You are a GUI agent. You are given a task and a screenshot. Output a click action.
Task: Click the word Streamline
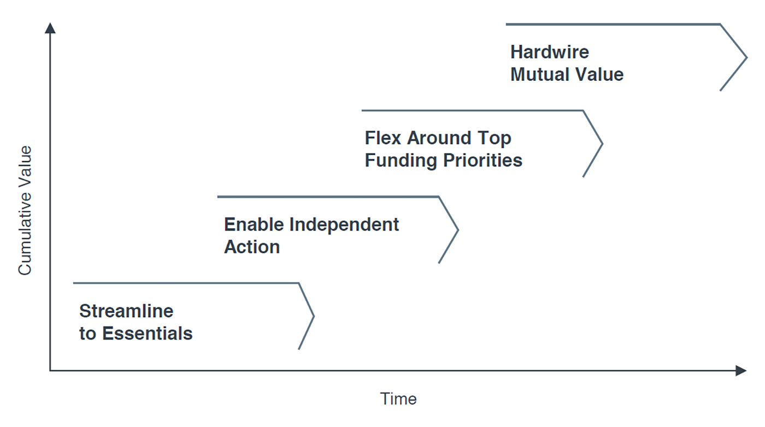(126, 311)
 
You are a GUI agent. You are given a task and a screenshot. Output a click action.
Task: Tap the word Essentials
(148, 334)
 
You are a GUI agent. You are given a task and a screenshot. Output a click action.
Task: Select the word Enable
(254, 224)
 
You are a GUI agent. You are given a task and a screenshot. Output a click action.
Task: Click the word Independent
(344, 224)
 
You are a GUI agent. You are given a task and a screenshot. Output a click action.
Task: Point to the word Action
(252, 247)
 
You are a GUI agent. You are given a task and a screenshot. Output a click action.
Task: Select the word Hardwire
(550, 52)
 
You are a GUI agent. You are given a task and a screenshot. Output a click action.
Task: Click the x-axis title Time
(398, 399)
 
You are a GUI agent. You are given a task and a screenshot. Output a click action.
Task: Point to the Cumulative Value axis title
(25, 210)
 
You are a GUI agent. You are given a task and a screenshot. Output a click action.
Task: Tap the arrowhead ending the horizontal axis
(741, 371)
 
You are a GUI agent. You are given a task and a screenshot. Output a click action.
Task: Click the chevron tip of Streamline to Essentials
(314, 316)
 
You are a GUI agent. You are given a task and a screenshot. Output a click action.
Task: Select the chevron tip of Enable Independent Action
(458, 230)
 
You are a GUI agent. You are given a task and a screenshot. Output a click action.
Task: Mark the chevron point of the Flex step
(602, 144)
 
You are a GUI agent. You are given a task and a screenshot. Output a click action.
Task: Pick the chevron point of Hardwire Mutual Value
(746, 57)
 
